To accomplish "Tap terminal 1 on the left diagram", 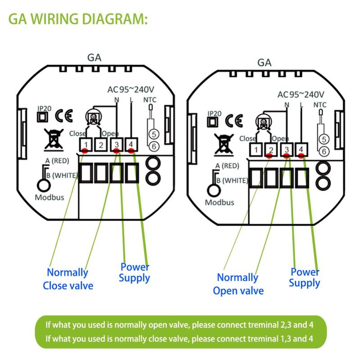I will [x=86, y=145].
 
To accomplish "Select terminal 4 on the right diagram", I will [x=301, y=149].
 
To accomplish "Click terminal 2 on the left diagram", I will [x=101, y=145].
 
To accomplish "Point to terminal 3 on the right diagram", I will [x=286, y=149].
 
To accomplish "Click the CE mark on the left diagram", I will [x=63, y=115].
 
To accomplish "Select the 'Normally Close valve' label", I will [x=68, y=279].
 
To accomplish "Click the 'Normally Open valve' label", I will [x=238, y=284].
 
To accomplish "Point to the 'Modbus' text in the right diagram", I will [x=220, y=202].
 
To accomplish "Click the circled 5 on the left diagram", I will [x=153, y=134].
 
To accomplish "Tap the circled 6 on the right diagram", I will [x=323, y=152].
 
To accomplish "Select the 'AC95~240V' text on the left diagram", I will [x=130, y=89].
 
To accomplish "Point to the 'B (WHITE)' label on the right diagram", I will [x=232, y=180].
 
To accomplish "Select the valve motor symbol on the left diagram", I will [x=94, y=117].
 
